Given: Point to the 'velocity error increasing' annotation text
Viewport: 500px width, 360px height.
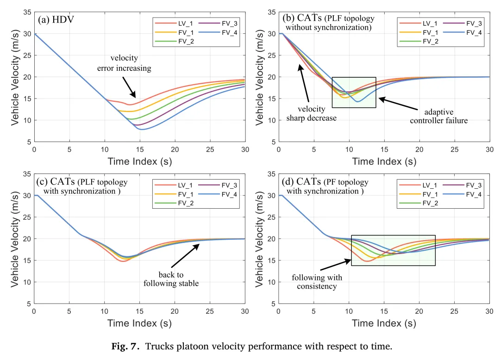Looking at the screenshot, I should [124, 63].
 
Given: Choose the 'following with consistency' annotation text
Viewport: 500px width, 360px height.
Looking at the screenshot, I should [317, 282].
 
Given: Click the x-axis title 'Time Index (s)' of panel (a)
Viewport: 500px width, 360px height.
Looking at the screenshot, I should [139, 161].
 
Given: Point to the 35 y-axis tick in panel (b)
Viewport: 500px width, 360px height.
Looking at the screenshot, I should [271, 12].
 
